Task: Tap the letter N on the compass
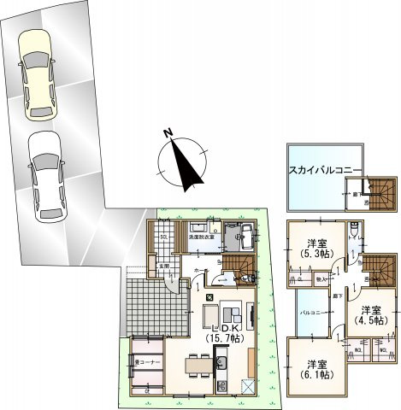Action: (x=169, y=133)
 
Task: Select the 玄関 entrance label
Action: (x=163, y=267)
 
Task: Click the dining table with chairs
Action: (x=198, y=365)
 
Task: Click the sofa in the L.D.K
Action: (x=230, y=313)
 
